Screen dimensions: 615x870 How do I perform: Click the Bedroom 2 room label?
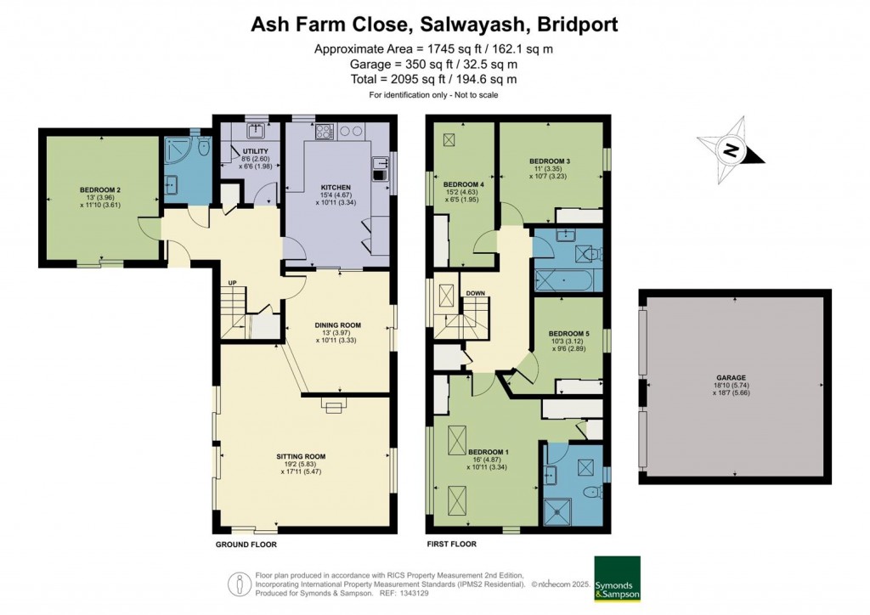click(x=100, y=189)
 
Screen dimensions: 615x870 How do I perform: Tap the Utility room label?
click(x=231, y=151)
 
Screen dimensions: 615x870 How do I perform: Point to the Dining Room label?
click(x=337, y=324)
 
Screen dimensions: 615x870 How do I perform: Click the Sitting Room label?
click(x=301, y=456)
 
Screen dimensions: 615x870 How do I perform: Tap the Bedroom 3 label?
click(x=549, y=161)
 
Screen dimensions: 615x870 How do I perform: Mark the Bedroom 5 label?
click(x=568, y=333)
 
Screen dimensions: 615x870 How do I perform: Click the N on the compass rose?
click(x=730, y=151)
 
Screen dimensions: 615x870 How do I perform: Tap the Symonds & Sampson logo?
click(x=617, y=579)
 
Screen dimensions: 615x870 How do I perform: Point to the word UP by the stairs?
click(x=231, y=283)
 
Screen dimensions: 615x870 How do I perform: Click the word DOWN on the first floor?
click(x=475, y=294)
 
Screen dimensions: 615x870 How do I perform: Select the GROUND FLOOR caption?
click(x=246, y=544)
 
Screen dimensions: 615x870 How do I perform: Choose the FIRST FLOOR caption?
click(x=451, y=544)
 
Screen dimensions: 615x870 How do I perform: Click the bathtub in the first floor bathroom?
click(x=567, y=279)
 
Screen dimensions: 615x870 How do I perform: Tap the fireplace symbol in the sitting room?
click(x=334, y=407)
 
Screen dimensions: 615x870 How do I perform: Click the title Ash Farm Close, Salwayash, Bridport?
click(x=434, y=24)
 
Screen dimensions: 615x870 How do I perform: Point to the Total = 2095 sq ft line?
click(x=433, y=79)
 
